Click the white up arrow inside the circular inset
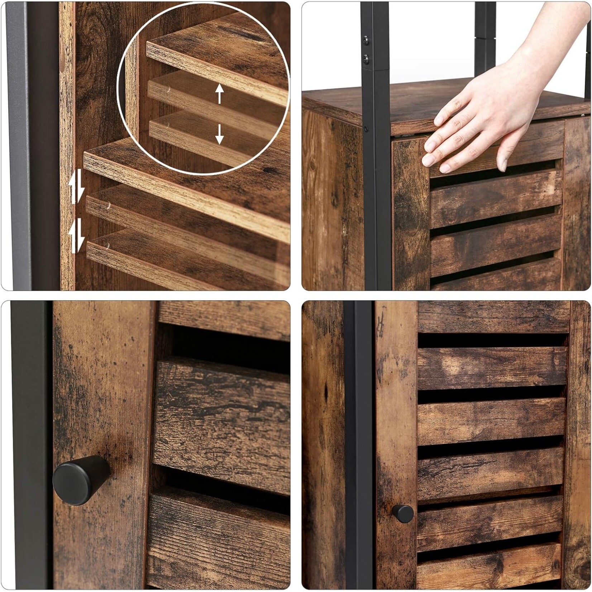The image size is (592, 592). (219, 94)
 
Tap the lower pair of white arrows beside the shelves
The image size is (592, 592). (77, 236)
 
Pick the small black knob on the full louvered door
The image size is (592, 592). (403, 513)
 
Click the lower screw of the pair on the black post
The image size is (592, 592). (366, 57)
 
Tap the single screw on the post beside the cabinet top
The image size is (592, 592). (366, 128)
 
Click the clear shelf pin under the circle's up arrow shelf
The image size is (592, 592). (168, 91)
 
